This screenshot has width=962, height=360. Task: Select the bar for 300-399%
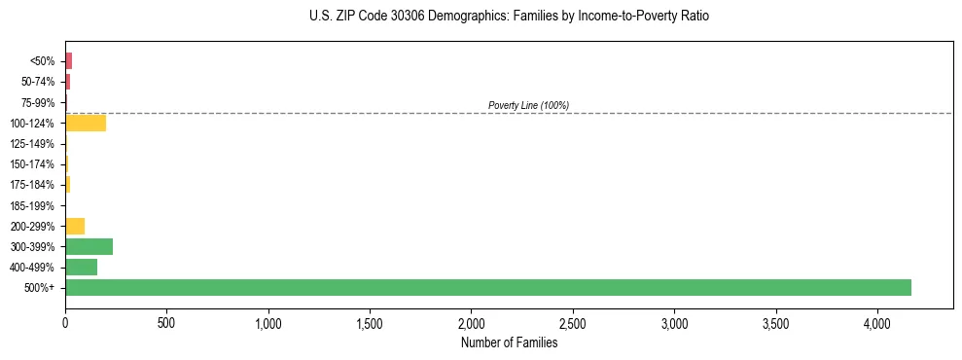(89, 246)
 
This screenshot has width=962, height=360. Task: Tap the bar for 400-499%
(81, 267)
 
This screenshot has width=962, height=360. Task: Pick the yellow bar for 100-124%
(86, 123)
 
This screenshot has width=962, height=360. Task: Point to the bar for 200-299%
(75, 226)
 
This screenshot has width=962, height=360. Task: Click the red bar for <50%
(68, 61)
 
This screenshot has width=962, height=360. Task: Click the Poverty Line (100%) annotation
(528, 105)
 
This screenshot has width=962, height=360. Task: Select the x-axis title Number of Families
(509, 342)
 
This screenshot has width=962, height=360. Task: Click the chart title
(510, 17)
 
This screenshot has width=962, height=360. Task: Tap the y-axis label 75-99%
(38, 102)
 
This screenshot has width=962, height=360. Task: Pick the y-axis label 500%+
(41, 288)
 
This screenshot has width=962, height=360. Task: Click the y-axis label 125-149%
(33, 144)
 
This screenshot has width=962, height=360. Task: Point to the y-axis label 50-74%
(38, 82)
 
